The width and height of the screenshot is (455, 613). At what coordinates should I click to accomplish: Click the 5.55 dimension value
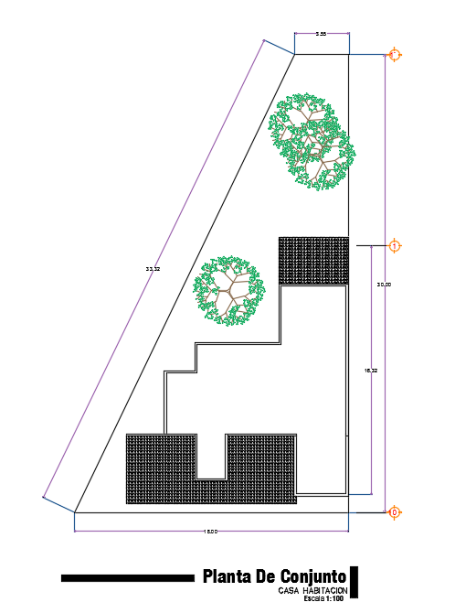click(322, 34)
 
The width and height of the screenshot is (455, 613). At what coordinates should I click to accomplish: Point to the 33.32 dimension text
click(153, 269)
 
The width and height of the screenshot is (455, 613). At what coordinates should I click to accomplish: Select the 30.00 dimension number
click(385, 285)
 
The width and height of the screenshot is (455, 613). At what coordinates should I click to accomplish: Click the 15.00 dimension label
click(210, 532)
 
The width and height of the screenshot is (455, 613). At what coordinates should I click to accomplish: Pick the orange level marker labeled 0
click(394, 512)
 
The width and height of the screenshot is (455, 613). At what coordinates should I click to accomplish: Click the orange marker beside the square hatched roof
click(394, 246)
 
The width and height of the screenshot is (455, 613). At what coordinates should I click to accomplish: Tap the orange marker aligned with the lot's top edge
click(394, 55)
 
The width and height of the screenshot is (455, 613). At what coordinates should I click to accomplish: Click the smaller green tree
click(228, 290)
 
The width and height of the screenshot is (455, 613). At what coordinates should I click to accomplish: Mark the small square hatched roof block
click(313, 261)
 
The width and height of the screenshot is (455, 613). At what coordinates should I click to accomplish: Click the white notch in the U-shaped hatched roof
click(212, 456)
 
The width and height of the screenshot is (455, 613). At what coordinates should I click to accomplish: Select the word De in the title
click(265, 576)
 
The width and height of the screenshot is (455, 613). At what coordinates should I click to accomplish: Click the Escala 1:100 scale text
click(323, 599)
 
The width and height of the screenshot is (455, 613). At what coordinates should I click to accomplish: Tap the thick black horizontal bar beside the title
click(128, 578)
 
